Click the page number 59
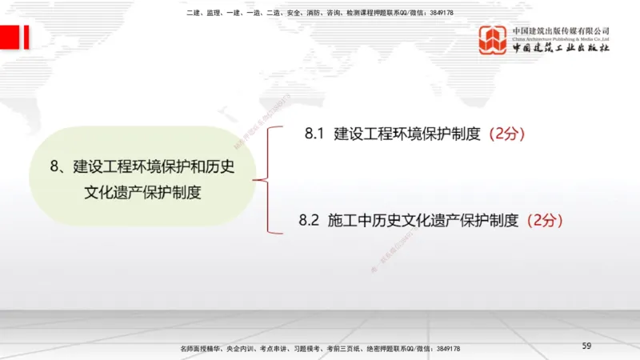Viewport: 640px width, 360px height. tap(586, 346)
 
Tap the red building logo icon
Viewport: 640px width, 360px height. tap(494, 41)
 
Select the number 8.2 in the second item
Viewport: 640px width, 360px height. tap(309, 218)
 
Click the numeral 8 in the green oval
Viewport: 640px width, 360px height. tap(54, 167)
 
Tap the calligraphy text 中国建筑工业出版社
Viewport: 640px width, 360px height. tap(561, 48)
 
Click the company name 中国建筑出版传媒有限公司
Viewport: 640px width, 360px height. tap(561, 30)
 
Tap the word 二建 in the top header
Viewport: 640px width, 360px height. tap(192, 13)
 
